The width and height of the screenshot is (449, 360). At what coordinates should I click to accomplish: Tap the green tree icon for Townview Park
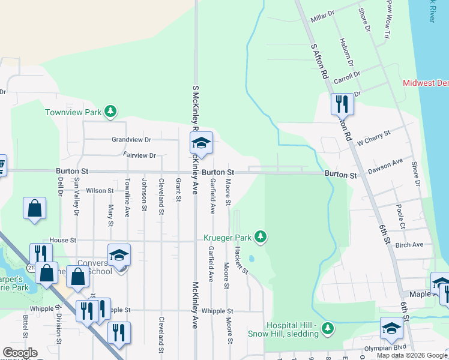click(110, 111)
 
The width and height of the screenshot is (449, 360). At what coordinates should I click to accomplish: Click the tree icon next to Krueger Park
click(260, 236)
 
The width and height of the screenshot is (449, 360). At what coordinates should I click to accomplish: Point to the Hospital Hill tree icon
click(327, 328)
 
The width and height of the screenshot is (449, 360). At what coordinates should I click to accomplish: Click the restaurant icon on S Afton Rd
click(342, 104)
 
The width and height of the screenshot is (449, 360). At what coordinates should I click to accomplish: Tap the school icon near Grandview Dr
click(201, 143)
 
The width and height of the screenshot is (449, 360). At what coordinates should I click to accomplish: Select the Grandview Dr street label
click(131, 139)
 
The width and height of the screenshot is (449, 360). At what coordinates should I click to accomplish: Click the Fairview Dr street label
click(139, 155)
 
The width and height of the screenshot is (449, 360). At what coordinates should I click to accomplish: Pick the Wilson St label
click(100, 191)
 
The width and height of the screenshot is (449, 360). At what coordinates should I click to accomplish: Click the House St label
click(63, 240)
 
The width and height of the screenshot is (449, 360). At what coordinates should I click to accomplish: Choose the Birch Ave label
click(409, 245)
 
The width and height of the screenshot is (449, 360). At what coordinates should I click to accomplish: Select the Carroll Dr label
click(346, 79)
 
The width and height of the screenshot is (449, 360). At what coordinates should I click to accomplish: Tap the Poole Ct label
click(400, 216)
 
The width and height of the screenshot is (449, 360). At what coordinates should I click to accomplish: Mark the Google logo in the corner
click(19, 353)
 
